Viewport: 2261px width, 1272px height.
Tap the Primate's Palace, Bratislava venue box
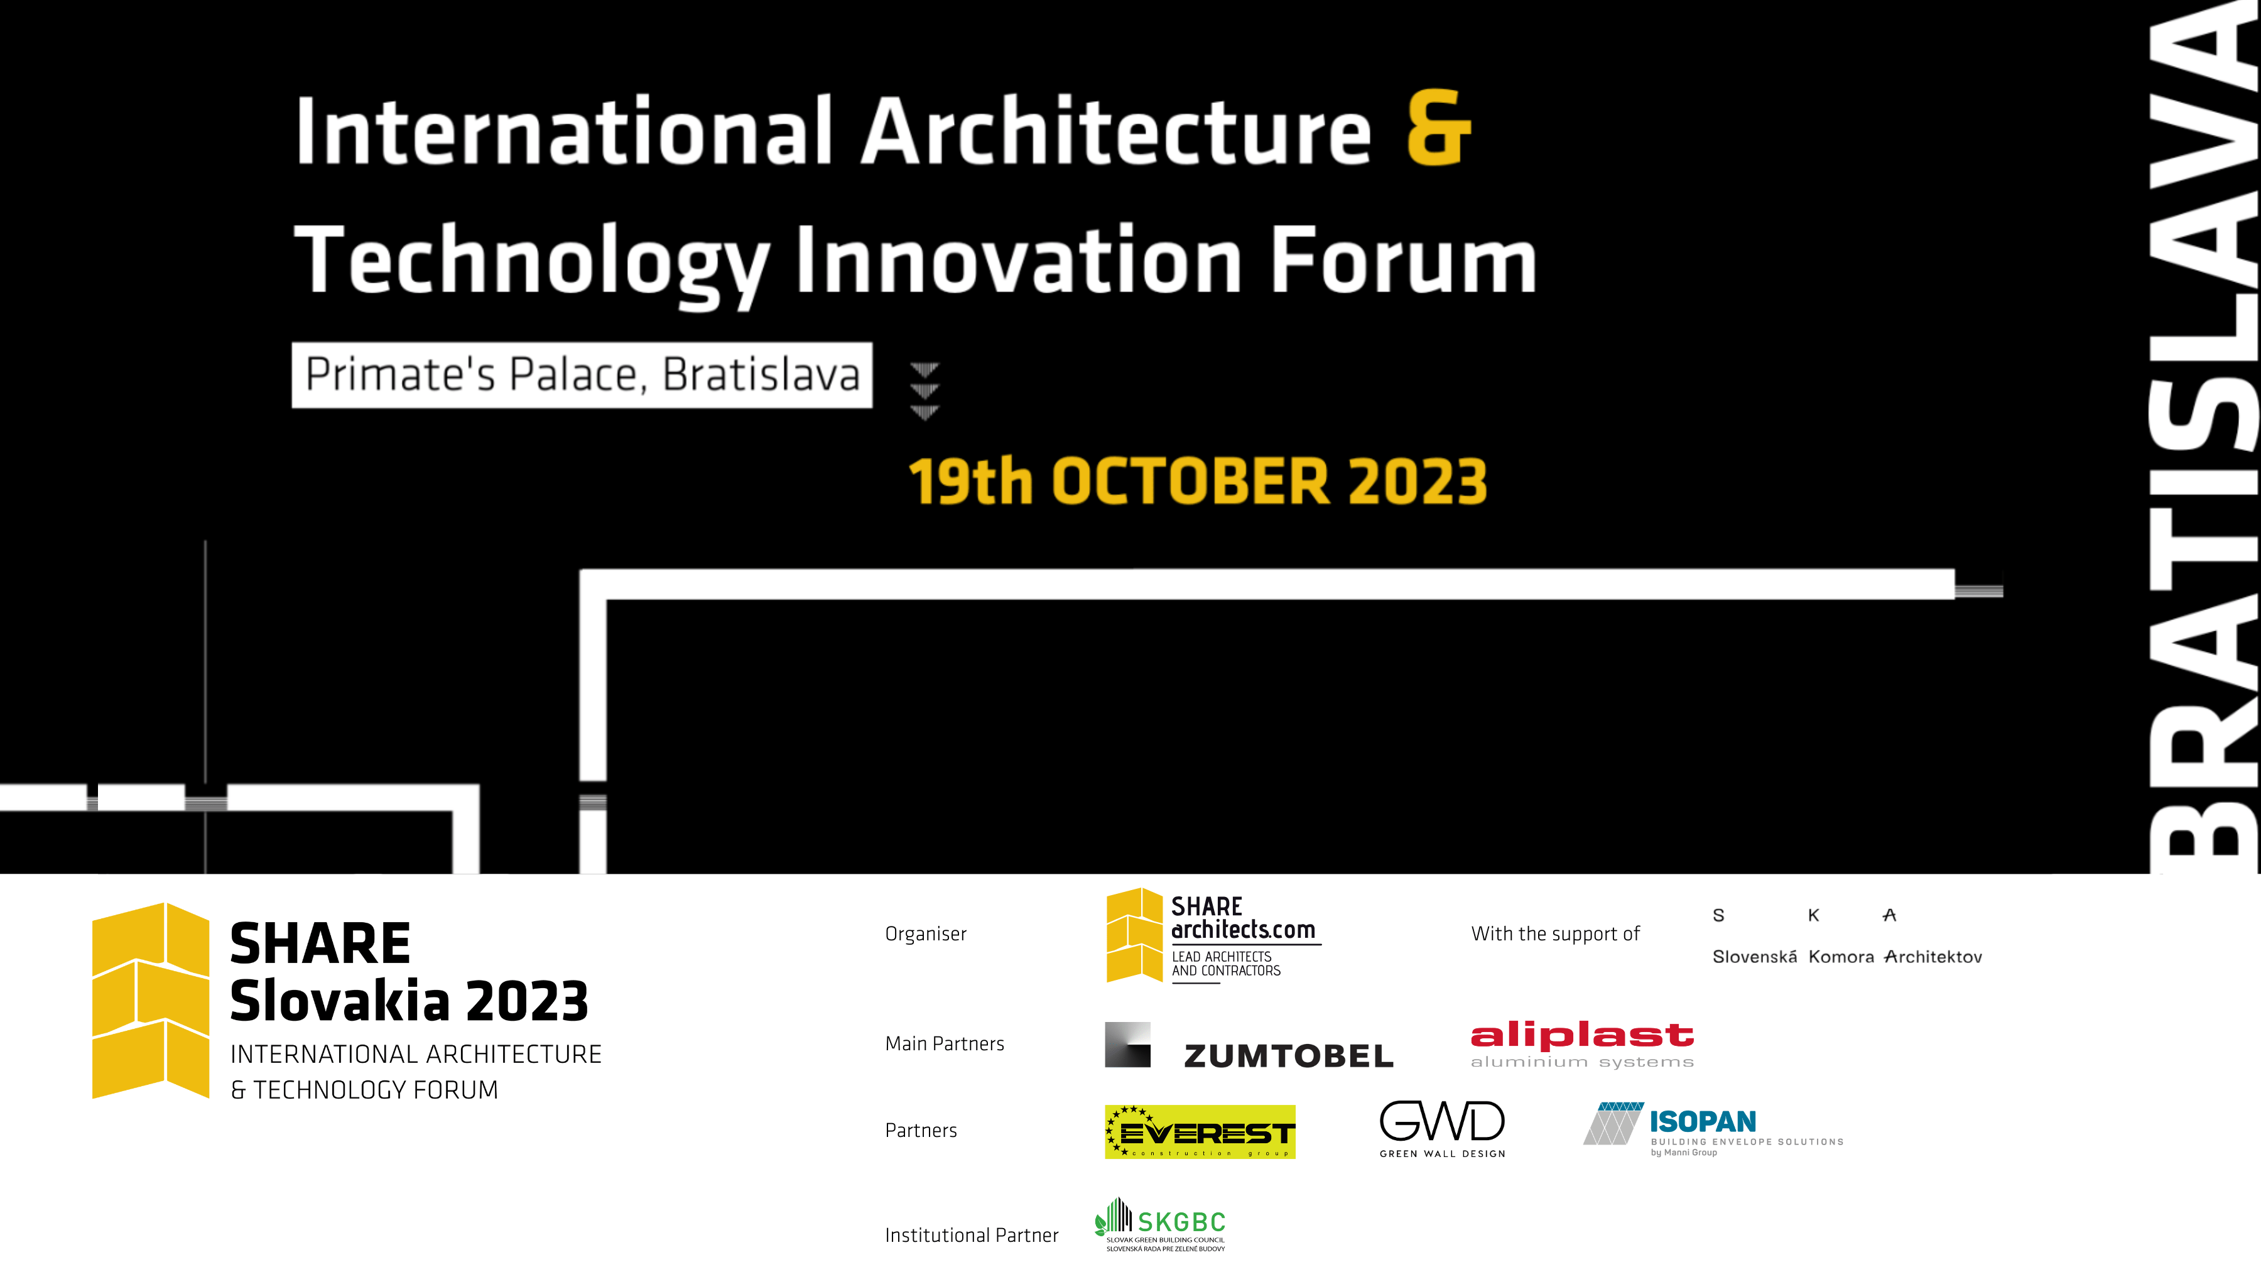(582, 375)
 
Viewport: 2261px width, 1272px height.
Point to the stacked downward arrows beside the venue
(924, 391)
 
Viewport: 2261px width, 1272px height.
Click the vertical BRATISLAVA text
(2203, 437)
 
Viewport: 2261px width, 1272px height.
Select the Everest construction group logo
(1200, 1131)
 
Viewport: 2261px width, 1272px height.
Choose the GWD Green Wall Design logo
(1442, 1129)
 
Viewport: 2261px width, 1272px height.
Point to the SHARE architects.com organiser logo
(1213, 936)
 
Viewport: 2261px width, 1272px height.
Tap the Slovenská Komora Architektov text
(1846, 957)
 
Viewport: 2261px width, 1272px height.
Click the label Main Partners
(945, 1044)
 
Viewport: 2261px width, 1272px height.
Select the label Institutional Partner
(972, 1235)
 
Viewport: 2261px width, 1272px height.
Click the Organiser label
(925, 934)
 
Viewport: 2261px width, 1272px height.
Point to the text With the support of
(1555, 934)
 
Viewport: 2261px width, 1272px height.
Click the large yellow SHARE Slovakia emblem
(151, 1001)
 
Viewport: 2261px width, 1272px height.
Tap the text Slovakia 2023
(409, 1002)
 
